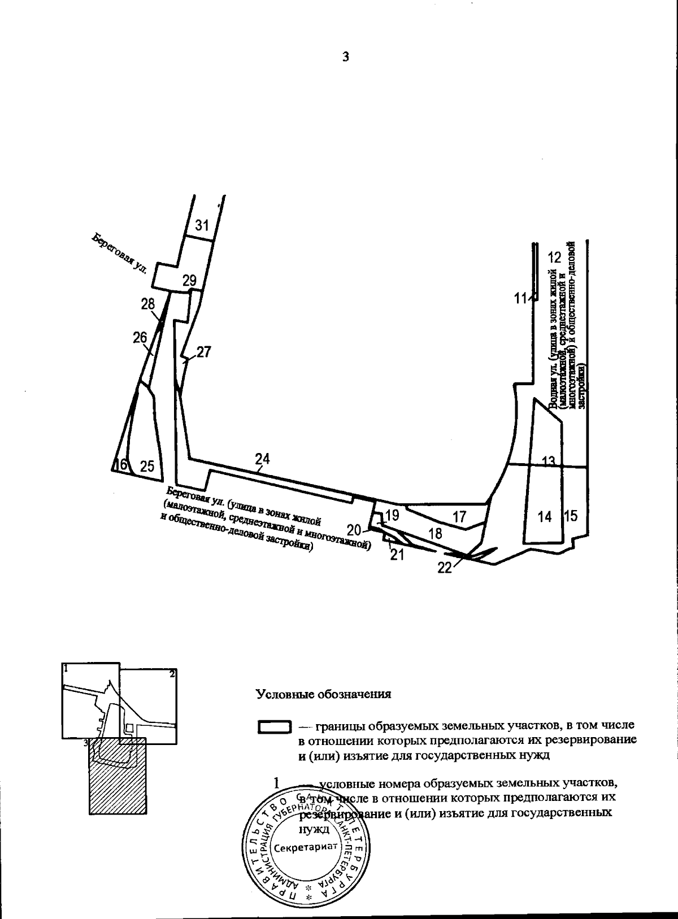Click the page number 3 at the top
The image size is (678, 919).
tap(345, 56)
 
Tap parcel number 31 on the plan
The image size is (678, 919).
tap(202, 226)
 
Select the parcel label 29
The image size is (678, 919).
tap(189, 280)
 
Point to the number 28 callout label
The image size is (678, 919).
tap(148, 304)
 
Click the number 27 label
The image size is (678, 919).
tap(203, 352)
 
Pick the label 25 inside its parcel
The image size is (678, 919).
tap(147, 467)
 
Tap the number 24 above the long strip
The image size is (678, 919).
tap(262, 459)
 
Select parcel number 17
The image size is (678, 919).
tap(460, 516)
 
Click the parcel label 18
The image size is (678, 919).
tap(435, 533)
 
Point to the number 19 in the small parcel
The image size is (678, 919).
tap(392, 515)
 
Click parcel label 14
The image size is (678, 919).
tap(545, 516)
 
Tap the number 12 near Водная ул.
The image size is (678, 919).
tap(555, 258)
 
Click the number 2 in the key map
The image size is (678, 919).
tap(172, 673)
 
